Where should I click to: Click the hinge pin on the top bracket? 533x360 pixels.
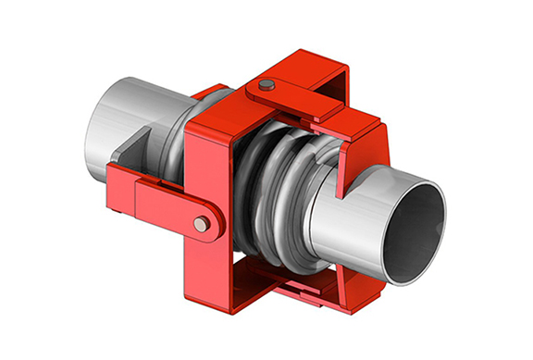[x=266, y=85]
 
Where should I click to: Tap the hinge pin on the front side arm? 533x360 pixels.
[x=201, y=223]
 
